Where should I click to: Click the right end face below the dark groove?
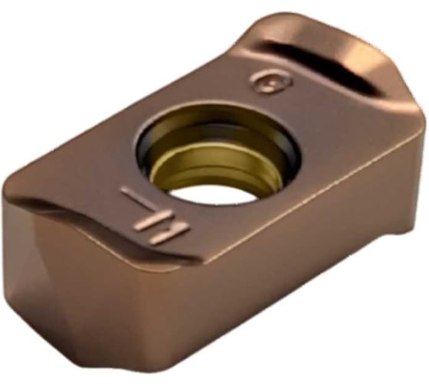(398, 153)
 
